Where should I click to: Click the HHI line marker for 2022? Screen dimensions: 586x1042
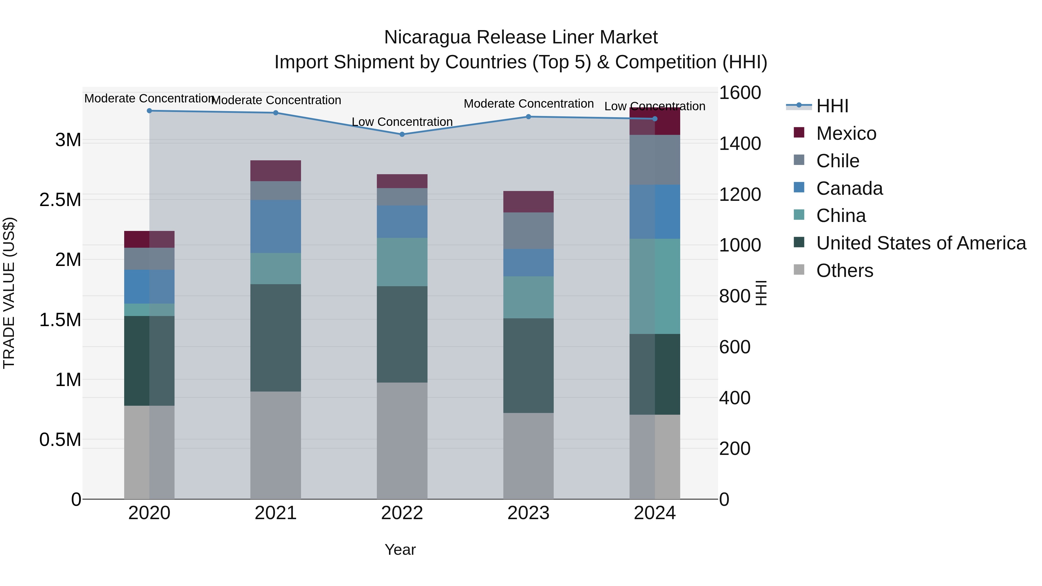(402, 134)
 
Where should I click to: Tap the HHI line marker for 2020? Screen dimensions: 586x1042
(149, 111)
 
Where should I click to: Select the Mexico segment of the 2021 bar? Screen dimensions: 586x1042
(276, 171)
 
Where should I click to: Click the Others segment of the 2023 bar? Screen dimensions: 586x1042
(528, 456)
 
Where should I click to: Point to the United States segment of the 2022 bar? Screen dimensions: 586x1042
(402, 335)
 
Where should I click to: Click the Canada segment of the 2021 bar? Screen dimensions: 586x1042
(276, 227)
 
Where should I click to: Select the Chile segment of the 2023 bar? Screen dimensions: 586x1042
(528, 231)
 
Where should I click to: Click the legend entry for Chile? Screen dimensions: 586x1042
(837, 161)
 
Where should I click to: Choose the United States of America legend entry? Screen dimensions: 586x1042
(921, 243)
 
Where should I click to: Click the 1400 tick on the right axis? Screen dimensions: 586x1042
(740, 144)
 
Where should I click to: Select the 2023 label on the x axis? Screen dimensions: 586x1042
(528, 513)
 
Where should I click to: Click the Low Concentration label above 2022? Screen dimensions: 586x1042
(402, 122)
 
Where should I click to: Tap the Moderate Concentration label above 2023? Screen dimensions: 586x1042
(528, 104)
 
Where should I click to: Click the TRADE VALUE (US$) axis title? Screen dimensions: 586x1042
(9, 293)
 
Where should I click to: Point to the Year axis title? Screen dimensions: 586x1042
(400, 550)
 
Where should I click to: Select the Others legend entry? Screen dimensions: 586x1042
(844, 271)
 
